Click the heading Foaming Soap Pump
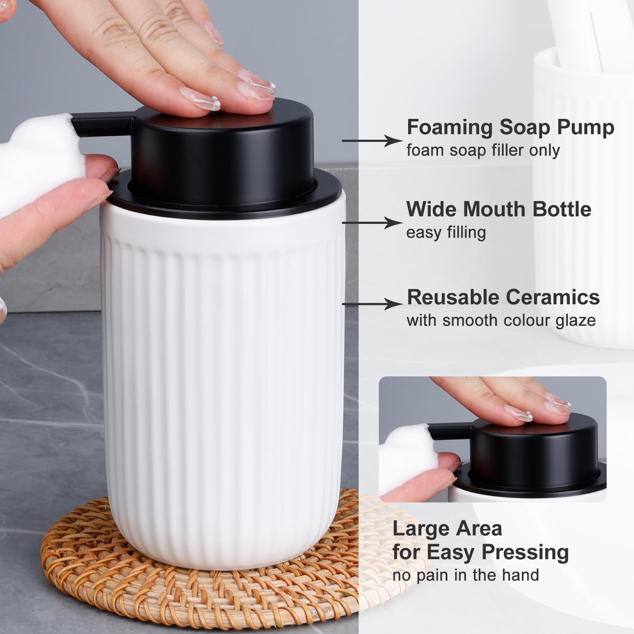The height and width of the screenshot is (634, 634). pos(510,128)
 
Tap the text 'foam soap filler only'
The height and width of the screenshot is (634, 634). pos(483,151)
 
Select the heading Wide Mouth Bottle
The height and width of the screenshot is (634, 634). pos(498,209)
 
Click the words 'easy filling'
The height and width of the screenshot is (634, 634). pos(446,233)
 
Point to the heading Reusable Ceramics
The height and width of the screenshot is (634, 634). pos(503,297)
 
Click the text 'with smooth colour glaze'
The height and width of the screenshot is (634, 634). pos(501,320)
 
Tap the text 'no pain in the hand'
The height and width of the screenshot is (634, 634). pos(466,575)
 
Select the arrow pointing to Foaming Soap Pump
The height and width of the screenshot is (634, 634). pos(372,141)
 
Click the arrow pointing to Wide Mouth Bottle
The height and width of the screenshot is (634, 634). pos(372,223)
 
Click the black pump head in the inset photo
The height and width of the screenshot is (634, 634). pos(531,448)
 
